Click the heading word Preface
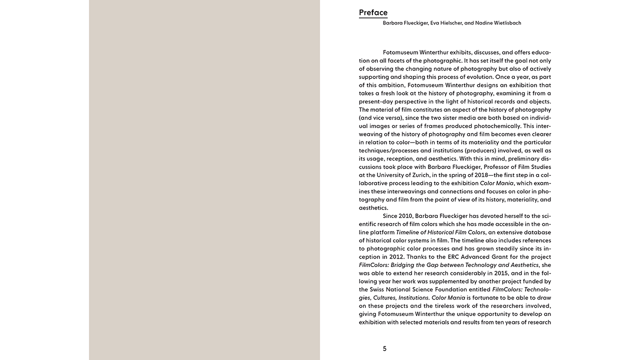pos(373,12)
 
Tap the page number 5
pos(384,348)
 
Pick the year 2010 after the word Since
pos(405,216)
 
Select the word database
pos(537,232)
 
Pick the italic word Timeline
pos(408,232)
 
